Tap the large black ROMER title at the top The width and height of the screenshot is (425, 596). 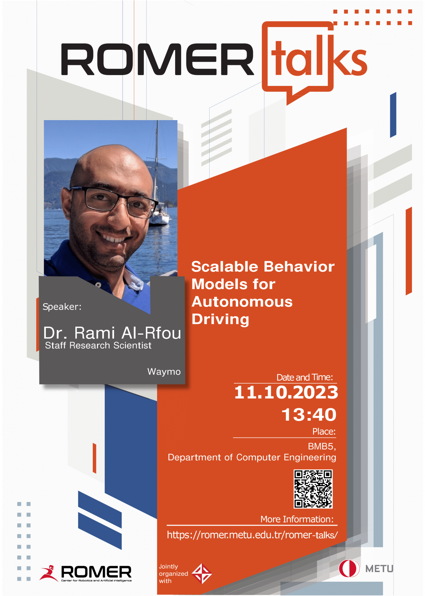click(x=157, y=59)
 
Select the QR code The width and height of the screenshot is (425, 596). click(x=313, y=489)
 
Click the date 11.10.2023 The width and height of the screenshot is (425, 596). click(x=286, y=392)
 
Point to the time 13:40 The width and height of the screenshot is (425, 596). click(x=309, y=415)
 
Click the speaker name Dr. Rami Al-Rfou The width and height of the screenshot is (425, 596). click(x=112, y=333)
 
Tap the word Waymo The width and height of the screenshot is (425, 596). click(x=164, y=372)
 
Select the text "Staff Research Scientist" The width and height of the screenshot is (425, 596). click(x=98, y=345)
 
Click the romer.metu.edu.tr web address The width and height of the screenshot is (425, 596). click(x=252, y=535)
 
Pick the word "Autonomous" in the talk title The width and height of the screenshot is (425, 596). click(x=242, y=302)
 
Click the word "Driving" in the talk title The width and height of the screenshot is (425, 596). click(x=220, y=319)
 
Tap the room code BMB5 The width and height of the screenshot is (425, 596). click(x=322, y=446)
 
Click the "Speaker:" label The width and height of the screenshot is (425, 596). click(x=62, y=307)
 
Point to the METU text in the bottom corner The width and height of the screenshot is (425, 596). click(x=379, y=569)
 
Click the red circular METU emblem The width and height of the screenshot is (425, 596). click(x=349, y=568)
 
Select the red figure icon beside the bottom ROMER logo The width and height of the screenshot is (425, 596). click(x=49, y=573)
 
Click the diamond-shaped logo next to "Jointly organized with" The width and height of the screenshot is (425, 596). click(x=202, y=574)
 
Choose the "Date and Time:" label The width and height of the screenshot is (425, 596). click(x=305, y=377)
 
